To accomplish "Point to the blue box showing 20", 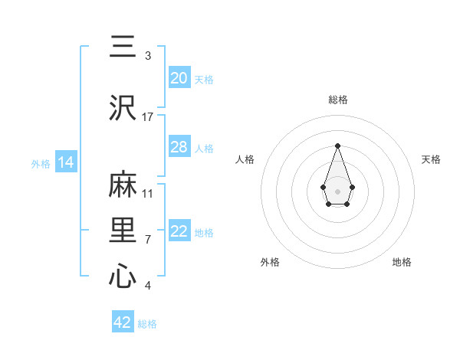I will click(179, 78).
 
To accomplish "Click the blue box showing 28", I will click(179, 147).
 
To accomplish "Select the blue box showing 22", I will click(179, 232).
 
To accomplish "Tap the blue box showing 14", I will click(65, 163).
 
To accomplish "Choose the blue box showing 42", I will click(123, 322).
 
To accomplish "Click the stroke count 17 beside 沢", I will click(148, 117).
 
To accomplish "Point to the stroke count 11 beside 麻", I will click(148, 194).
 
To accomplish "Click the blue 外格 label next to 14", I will click(41, 164).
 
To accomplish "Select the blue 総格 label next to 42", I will click(147, 324).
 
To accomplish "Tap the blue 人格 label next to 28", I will click(204, 148).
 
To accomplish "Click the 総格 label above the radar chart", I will click(337, 100).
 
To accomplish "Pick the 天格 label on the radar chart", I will click(431, 159).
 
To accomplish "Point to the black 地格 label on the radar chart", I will click(402, 262).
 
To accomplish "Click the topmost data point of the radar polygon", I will click(337, 145).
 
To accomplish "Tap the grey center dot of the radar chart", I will click(337, 191).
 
